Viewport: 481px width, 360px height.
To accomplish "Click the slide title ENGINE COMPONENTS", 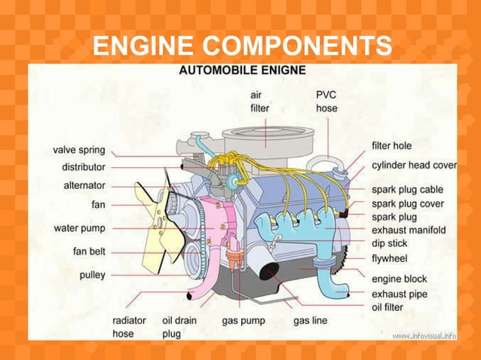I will click(x=241, y=46).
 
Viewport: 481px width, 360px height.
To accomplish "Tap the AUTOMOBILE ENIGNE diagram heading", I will click(x=241, y=71).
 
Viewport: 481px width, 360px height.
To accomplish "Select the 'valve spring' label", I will click(x=79, y=151).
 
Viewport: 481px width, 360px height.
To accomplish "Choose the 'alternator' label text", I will click(x=83, y=185).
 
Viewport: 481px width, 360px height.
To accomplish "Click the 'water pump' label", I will click(x=80, y=227).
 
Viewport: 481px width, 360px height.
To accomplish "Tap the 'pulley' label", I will click(x=92, y=275).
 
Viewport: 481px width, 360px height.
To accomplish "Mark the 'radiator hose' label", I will click(x=124, y=327).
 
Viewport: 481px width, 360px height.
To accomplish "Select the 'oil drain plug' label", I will click(x=180, y=327).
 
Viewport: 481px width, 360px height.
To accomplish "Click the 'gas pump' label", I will click(x=243, y=321).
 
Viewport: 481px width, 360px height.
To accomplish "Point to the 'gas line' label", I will click(x=310, y=321).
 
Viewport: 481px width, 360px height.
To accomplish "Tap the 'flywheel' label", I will click(x=391, y=258).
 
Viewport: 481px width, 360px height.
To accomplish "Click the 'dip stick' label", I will click(x=389, y=244).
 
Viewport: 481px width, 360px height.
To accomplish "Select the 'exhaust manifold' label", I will click(x=408, y=230).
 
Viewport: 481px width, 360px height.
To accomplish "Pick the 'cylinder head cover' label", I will click(x=414, y=165).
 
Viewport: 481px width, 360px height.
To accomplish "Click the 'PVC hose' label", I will click(x=326, y=102).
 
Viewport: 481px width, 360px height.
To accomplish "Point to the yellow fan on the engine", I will click(x=161, y=218).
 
